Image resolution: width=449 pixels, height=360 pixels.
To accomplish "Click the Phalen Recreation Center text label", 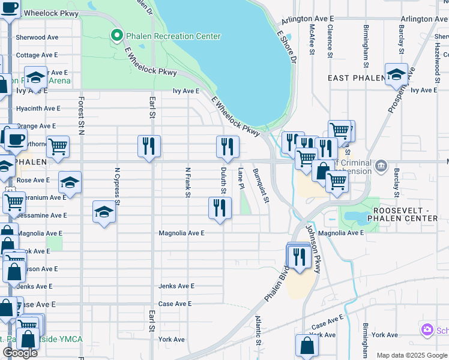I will (x=173, y=37).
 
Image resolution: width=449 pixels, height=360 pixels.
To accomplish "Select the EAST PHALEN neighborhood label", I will (x=355, y=79).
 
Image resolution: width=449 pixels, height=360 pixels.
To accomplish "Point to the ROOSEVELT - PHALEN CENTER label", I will (x=405, y=214).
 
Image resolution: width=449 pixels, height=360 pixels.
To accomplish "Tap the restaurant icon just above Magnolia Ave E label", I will (x=220, y=208).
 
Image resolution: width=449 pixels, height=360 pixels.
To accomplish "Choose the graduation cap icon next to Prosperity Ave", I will (x=396, y=74).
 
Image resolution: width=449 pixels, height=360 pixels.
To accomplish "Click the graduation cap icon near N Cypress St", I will (x=104, y=212).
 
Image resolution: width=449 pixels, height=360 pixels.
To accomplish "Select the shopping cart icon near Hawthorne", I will (x=58, y=146).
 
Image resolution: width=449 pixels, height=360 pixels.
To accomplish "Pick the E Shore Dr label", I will (x=287, y=48).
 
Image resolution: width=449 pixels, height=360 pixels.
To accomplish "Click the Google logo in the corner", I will (x=20, y=352).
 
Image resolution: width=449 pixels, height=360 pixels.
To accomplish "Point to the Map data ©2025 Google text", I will (x=411, y=355).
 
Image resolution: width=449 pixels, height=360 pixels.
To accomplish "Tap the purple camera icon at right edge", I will (x=427, y=329).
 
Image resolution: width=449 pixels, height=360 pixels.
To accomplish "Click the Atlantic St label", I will (x=259, y=331).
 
